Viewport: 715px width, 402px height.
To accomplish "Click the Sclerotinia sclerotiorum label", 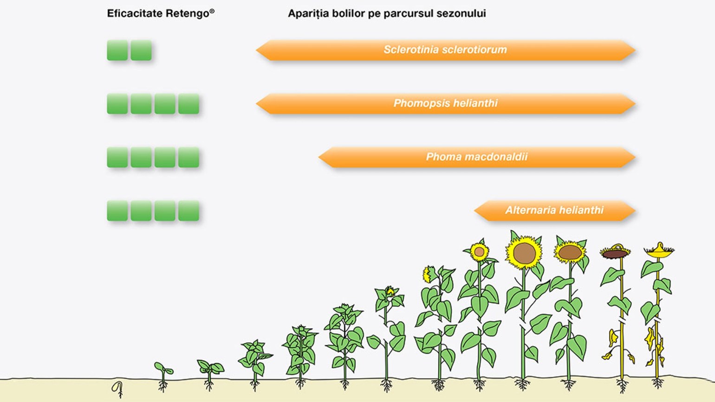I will (445, 50).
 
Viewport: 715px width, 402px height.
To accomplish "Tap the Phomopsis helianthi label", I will (445, 103).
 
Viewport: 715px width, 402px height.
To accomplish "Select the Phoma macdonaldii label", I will (476, 157).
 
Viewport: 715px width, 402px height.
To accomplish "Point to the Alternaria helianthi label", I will (554, 210).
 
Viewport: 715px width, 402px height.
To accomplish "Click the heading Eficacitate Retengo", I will (160, 13).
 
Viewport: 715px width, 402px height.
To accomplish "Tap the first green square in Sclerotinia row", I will (117, 50).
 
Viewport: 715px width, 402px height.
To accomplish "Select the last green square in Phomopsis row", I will (188, 104).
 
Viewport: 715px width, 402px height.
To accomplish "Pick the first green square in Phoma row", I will (117, 157).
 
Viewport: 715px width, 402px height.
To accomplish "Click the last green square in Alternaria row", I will (188, 211).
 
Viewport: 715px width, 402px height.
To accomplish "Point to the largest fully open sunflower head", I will (524, 253).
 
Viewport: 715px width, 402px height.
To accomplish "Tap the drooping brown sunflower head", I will (615, 253).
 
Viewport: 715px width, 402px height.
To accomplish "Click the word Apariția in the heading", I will (308, 13).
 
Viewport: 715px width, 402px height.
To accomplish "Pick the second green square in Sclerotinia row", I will (141, 50).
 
